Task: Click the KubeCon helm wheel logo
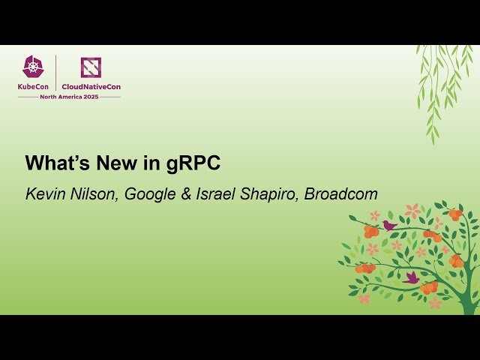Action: (x=34, y=67)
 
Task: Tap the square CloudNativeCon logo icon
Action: (x=91, y=67)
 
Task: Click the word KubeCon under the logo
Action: (x=34, y=86)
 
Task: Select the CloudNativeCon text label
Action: (x=91, y=86)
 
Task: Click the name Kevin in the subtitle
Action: (x=43, y=194)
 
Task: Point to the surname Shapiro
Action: (x=269, y=194)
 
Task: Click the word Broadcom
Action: (x=340, y=194)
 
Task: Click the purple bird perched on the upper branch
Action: (x=389, y=225)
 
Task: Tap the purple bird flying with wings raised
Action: (x=411, y=277)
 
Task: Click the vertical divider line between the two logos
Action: (x=57, y=73)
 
